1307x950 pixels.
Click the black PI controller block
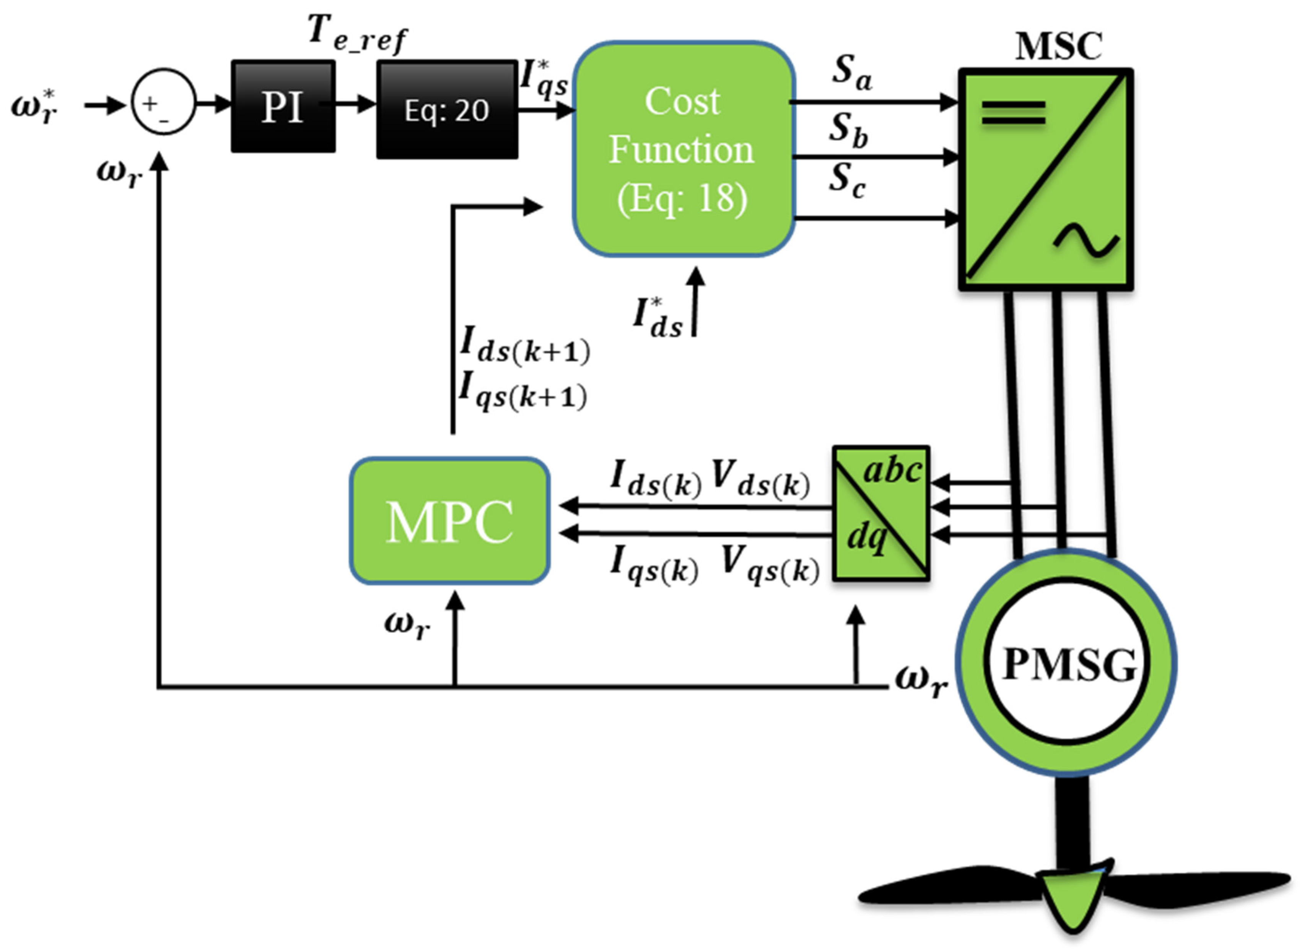283,107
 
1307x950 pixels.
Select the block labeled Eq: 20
447,109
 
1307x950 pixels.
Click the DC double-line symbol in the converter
1013,112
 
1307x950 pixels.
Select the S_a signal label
851,74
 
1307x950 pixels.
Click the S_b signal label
848,130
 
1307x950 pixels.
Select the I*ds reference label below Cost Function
657,318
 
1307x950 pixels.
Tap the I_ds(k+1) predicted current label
524,346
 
